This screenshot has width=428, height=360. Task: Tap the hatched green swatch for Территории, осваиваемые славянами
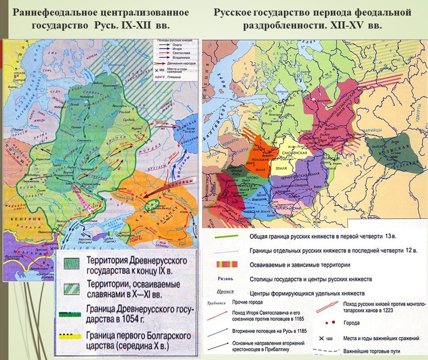pos(71,289)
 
